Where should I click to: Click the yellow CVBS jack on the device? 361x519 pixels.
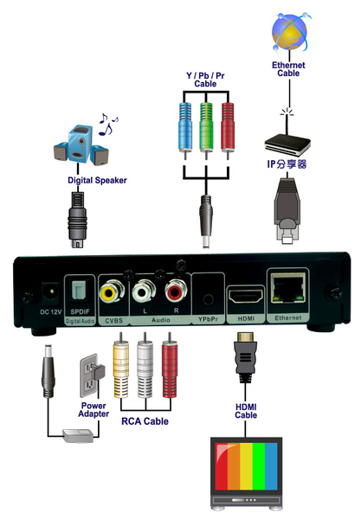click(112, 292)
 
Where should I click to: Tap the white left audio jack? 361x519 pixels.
click(144, 292)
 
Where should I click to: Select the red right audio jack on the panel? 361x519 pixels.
click(176, 291)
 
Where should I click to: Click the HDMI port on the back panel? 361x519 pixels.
click(245, 296)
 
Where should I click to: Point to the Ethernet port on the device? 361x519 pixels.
click(287, 288)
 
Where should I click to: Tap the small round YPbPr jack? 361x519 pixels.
click(208, 299)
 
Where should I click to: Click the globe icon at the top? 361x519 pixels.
click(290, 32)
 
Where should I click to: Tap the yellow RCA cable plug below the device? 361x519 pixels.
click(121, 365)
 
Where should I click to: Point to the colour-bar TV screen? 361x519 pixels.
click(246, 466)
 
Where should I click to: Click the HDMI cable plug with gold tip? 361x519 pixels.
click(245, 357)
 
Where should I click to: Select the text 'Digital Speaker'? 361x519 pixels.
click(97, 181)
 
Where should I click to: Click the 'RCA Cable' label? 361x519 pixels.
click(145, 421)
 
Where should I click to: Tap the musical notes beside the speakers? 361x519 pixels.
click(108, 124)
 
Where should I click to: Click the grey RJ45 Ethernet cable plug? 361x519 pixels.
click(287, 211)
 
